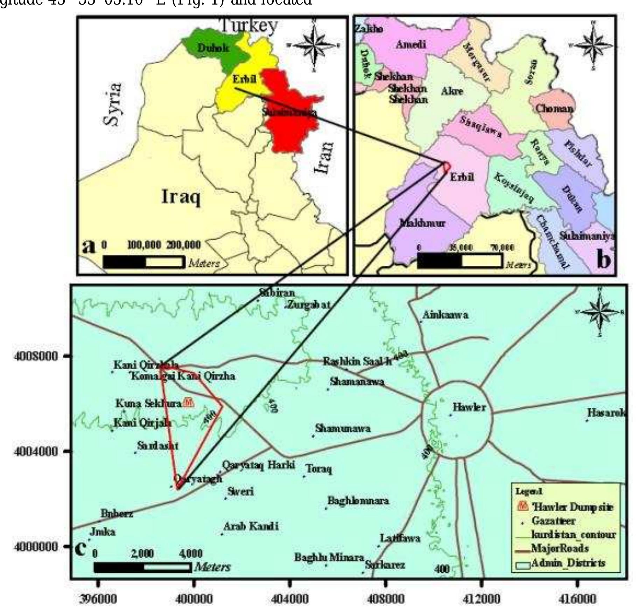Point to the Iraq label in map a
coord(181,197)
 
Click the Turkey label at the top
coord(248,25)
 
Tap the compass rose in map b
coord(593,45)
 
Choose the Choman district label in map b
coord(554,108)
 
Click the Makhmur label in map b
coord(422,223)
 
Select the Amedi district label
coord(411,44)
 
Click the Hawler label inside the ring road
coord(469,407)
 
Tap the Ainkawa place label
coord(445,315)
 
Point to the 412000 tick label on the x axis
coord(481,599)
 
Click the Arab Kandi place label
coord(251,526)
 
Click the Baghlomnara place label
coord(358,501)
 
